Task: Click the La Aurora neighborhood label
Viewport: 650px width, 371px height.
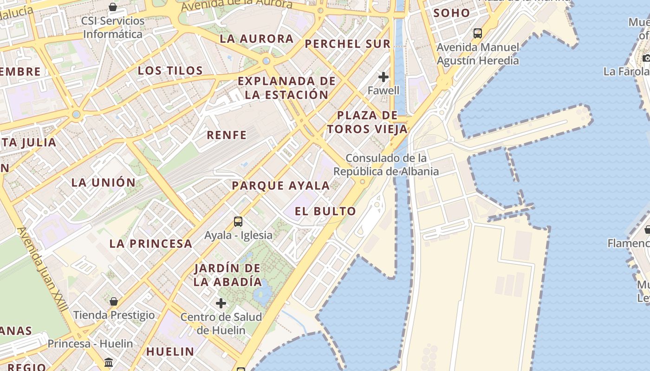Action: (x=257, y=39)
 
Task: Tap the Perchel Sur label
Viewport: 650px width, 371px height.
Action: (x=348, y=44)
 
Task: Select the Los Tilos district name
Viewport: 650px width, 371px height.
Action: (x=170, y=70)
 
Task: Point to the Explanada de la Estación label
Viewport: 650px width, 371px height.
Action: (x=286, y=88)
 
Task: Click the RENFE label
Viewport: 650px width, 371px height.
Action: (x=227, y=135)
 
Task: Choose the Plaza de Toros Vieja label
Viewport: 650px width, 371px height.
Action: (x=367, y=122)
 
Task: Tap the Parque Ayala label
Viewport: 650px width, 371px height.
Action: (x=280, y=185)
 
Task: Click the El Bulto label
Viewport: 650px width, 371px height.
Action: (x=325, y=211)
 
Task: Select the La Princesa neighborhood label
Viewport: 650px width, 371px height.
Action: (x=150, y=243)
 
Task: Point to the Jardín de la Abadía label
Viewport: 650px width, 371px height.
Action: (x=227, y=275)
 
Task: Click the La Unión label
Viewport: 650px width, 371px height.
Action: (x=103, y=182)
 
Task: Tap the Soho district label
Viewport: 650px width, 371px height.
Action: (x=452, y=13)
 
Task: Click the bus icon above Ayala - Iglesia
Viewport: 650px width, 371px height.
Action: (x=238, y=222)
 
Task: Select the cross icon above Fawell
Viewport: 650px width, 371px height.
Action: (x=383, y=77)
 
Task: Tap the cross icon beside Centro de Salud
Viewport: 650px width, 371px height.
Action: (x=221, y=303)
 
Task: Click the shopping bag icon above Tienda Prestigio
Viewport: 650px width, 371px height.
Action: (x=114, y=302)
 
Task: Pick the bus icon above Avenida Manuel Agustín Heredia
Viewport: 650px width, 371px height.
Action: (x=477, y=33)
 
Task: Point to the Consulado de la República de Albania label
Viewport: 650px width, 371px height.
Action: (x=386, y=165)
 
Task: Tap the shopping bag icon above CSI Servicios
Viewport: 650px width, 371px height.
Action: (x=113, y=7)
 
